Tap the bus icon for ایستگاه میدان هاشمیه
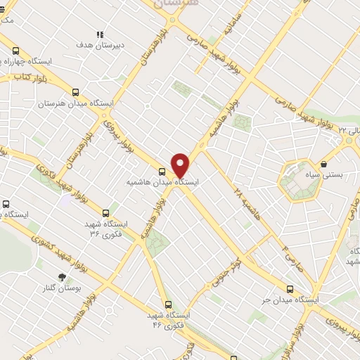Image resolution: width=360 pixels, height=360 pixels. (162, 172)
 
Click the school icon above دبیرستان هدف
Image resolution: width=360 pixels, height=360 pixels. (100, 34)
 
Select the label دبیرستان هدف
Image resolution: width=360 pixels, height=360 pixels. (100, 44)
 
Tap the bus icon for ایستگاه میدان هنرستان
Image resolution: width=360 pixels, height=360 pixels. (76, 92)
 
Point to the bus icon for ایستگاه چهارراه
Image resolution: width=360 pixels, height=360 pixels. (15, 51)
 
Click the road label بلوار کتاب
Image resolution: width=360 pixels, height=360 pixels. (25, 77)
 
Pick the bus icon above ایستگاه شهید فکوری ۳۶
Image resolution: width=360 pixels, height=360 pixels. (106, 212)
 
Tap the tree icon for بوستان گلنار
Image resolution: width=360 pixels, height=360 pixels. (62, 277)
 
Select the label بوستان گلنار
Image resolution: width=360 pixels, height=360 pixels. (78, 288)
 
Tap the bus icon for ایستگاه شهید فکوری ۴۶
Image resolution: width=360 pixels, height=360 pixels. (167, 304)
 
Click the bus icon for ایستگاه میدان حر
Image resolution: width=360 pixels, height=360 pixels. (290, 288)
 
